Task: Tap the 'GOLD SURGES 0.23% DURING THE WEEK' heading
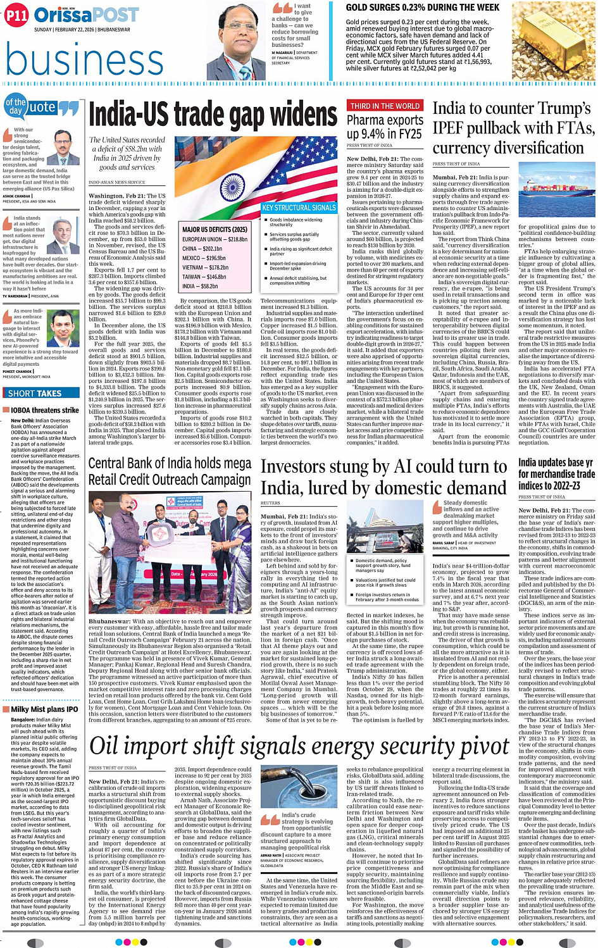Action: (x=422, y=8)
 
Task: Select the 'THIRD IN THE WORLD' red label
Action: (x=385, y=106)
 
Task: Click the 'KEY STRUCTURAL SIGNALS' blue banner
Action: (x=299, y=208)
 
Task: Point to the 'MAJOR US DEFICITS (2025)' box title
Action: (x=215, y=229)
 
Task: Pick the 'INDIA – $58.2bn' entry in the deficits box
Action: (x=200, y=286)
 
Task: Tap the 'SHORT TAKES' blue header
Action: (x=35, y=393)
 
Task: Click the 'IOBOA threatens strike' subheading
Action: (x=44, y=410)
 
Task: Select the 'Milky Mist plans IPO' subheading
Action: (x=44, y=709)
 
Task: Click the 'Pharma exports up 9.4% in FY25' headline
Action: (x=385, y=127)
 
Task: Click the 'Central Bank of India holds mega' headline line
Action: (x=170, y=463)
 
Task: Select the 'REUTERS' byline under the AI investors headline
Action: (x=270, y=503)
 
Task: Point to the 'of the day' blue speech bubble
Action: (x=15, y=106)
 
